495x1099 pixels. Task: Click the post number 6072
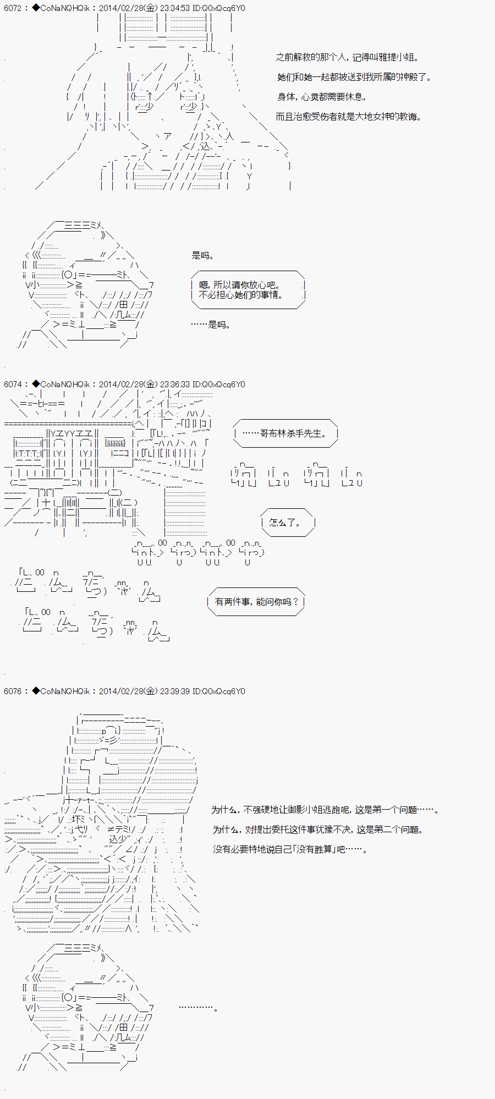coord(13,8)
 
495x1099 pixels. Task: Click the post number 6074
coord(13,384)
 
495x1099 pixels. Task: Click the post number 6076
coord(13,691)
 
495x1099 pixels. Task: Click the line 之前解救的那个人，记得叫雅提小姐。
coord(347,57)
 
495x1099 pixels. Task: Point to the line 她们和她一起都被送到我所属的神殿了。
coord(354,77)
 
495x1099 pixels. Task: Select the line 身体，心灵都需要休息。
coord(321,97)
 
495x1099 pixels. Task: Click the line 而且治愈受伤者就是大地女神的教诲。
coord(348,117)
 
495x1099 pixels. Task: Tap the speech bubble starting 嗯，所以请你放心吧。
coord(248,290)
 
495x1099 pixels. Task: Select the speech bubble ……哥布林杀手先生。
coord(285,433)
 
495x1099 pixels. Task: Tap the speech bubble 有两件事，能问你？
coord(256,602)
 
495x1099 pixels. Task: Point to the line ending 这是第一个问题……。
coord(325,810)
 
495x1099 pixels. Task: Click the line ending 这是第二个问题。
coord(318,829)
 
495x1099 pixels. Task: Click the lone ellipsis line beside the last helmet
coord(198,1008)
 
